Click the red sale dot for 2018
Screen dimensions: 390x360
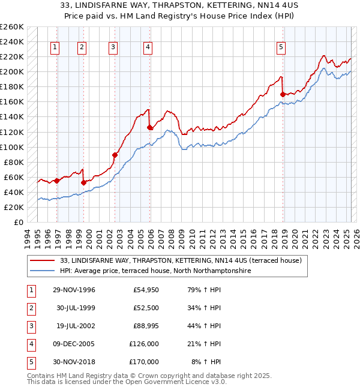[x=283, y=94]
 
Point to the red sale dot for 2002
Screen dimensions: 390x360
[x=115, y=155]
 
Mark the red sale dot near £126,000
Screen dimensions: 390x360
[x=149, y=127]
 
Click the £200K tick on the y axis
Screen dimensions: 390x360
[x=12, y=71]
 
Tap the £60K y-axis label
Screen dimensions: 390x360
[x=14, y=177]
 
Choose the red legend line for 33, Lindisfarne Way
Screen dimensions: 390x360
[x=43, y=260]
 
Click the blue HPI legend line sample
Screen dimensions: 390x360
[x=43, y=271]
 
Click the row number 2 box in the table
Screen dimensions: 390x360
[x=31, y=308]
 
